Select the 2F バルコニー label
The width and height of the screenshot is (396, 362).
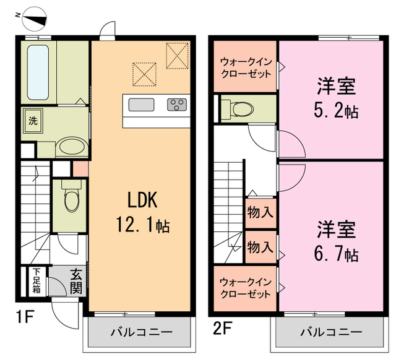pyautogui.click(x=332, y=332)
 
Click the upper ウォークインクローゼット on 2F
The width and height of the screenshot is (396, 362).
pyautogui.click(x=246, y=67)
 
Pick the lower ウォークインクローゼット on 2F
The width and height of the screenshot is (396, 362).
pyautogui.click(x=246, y=288)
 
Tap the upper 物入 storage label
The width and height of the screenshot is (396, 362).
pyautogui.click(x=260, y=213)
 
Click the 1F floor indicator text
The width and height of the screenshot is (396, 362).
pyautogui.click(x=24, y=319)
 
